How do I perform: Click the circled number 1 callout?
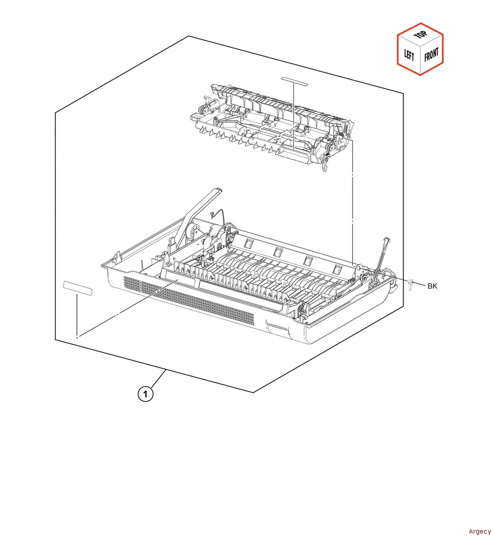click(145, 394)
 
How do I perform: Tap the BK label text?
click(432, 285)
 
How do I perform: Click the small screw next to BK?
click(411, 284)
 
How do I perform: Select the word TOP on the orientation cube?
click(421, 35)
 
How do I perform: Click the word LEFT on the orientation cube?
click(409, 54)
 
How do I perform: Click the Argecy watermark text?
click(479, 532)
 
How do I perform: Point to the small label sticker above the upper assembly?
click(293, 79)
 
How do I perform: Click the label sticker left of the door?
click(77, 287)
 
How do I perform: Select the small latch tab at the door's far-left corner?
click(115, 257)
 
